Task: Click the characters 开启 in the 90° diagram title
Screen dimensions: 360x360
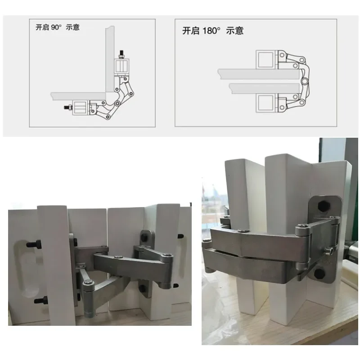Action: click(x=42, y=27)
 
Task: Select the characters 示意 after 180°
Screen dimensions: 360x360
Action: click(x=234, y=31)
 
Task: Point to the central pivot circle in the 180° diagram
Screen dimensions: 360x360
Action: click(x=305, y=82)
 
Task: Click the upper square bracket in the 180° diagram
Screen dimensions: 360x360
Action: click(x=266, y=60)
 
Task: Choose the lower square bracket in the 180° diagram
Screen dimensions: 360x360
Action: click(x=266, y=103)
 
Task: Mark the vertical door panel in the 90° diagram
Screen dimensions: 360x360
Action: click(x=108, y=58)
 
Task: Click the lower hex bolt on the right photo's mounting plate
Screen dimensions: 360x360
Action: click(x=319, y=273)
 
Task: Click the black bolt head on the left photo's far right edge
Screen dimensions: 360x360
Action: click(x=181, y=236)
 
